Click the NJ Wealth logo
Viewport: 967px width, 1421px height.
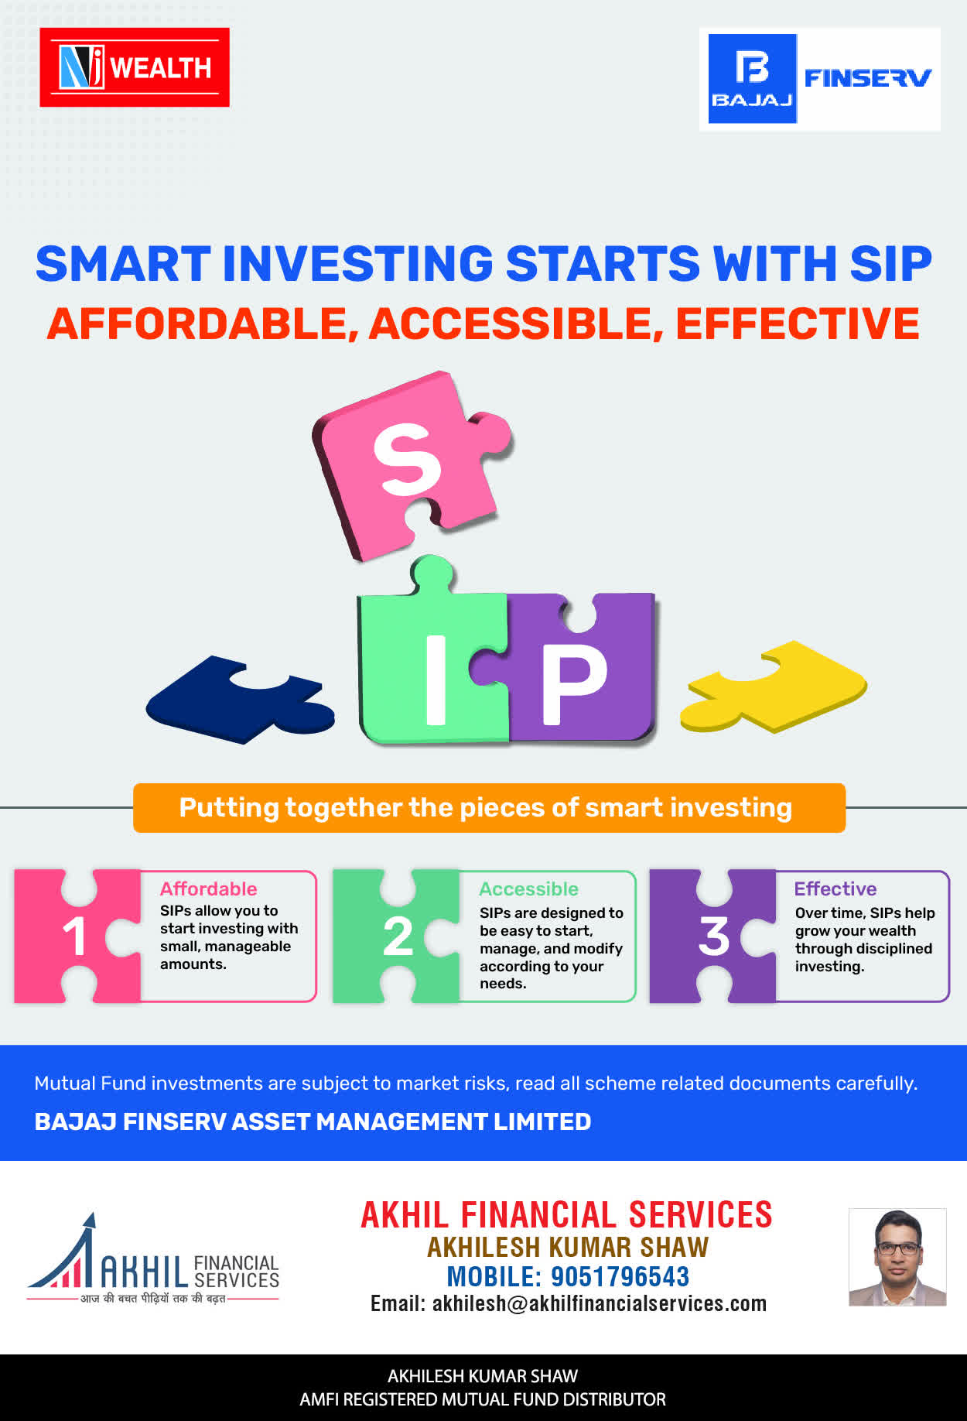135,67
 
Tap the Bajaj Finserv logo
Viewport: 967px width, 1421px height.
820,79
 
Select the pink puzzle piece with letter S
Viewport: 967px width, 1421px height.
410,464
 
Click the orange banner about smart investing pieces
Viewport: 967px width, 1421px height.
489,808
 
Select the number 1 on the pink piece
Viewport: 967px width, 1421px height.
74,936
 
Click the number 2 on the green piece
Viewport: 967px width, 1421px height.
398,936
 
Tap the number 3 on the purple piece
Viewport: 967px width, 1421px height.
714,936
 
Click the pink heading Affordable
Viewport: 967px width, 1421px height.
208,889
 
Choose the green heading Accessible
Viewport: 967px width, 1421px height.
528,889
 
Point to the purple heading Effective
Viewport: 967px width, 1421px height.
835,889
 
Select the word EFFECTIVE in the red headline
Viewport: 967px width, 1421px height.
798,324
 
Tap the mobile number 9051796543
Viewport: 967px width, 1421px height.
620,1276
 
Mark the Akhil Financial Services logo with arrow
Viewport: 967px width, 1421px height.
152,1258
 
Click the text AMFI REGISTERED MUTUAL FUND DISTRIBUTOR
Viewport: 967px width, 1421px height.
483,1399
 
